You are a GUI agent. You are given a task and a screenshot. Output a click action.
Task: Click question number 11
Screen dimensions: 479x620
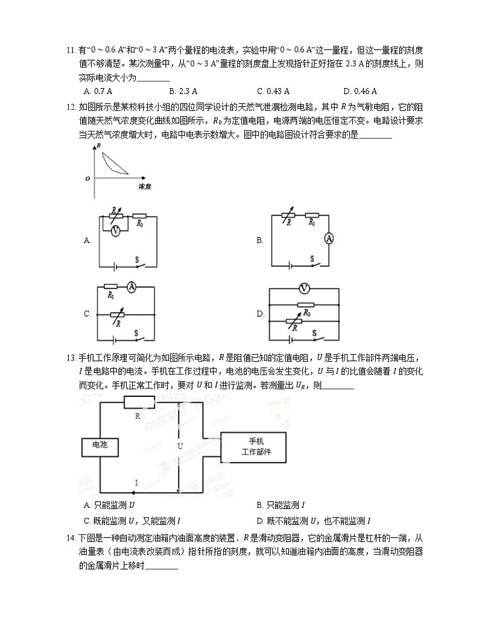(x=70, y=50)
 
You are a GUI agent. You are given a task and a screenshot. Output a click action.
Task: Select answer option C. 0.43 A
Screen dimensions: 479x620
(x=273, y=91)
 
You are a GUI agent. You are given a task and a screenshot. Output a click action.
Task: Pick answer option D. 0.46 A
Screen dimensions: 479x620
(x=360, y=91)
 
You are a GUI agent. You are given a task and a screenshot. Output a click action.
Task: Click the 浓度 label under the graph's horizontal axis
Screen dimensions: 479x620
(x=144, y=188)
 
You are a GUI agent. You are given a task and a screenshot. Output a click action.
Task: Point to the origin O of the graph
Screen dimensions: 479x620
(x=87, y=179)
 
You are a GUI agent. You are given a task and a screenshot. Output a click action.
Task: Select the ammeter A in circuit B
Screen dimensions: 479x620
(x=329, y=239)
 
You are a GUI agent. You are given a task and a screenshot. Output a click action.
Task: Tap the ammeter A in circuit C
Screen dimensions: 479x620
(x=132, y=288)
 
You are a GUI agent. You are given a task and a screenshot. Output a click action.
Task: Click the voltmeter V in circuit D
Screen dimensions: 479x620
(x=305, y=288)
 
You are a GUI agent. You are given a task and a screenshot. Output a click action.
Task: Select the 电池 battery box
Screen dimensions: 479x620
(x=100, y=444)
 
